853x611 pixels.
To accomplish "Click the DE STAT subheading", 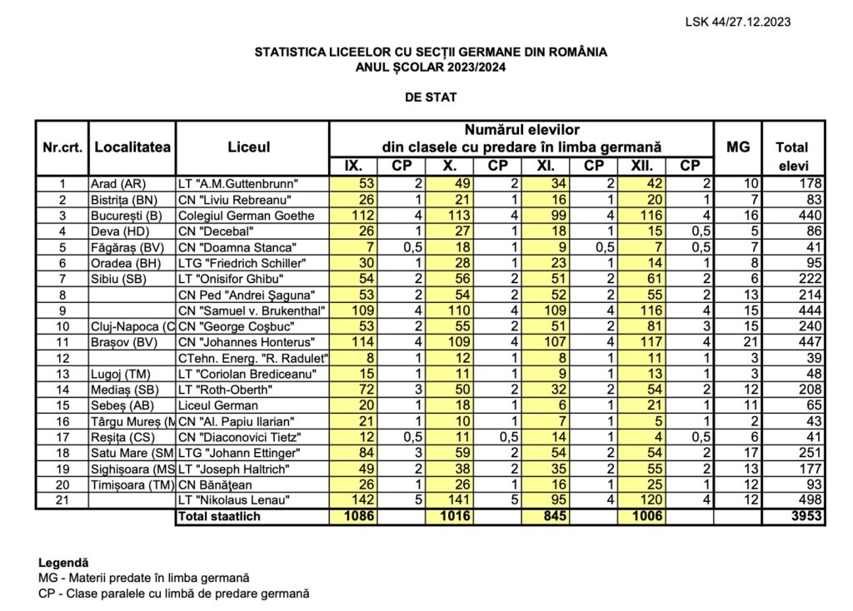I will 431,97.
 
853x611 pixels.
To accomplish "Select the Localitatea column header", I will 132,147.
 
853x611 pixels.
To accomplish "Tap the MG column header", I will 737,147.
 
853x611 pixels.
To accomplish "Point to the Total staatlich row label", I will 217,516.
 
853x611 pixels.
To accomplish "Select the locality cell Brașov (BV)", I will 125,341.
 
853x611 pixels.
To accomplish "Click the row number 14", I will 62,389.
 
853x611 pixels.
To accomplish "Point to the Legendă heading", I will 62,563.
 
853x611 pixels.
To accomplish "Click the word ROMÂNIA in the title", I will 576,52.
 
